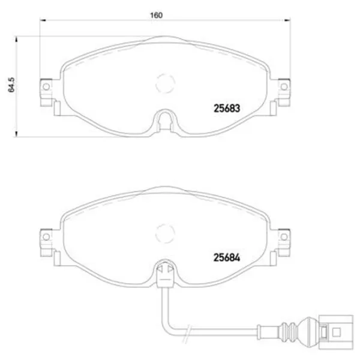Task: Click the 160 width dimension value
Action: coord(156,15)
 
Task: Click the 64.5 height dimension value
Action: coord(11,85)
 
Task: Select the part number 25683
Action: coord(227,109)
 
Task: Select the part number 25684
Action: coord(227,257)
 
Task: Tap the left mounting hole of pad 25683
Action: coord(46,86)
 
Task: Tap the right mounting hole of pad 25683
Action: coord(284,86)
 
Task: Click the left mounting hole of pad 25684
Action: coord(46,237)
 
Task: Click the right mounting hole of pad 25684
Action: coord(284,237)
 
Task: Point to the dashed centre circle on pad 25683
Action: coord(165,74)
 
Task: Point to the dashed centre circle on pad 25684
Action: coord(165,224)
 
